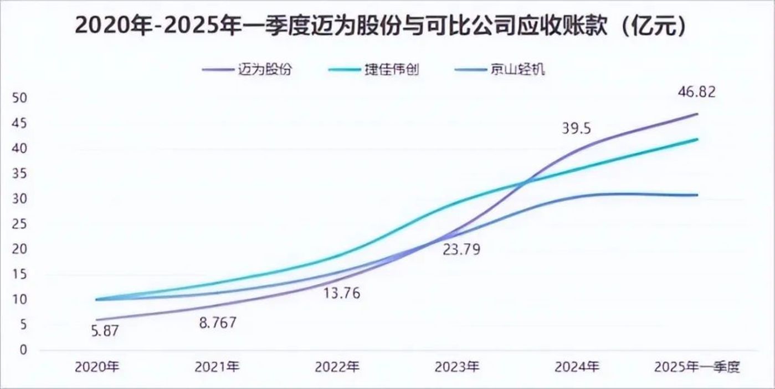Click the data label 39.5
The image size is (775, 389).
pyautogui.click(x=576, y=129)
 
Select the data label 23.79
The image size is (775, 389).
pyautogui.click(x=461, y=249)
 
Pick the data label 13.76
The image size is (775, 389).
pyautogui.click(x=341, y=293)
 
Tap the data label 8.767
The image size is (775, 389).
pyautogui.click(x=217, y=323)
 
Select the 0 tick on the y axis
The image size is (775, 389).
pyautogui.click(x=22, y=350)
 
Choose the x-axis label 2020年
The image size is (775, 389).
pyautogui.click(x=97, y=367)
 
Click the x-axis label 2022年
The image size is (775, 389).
pyautogui.click(x=337, y=367)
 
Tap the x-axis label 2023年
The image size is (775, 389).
pyautogui.click(x=457, y=367)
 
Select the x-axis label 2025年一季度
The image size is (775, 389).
pyautogui.click(x=697, y=367)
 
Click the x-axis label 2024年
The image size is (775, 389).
pyautogui.click(x=577, y=367)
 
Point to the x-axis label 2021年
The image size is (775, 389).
pyautogui.click(x=217, y=367)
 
